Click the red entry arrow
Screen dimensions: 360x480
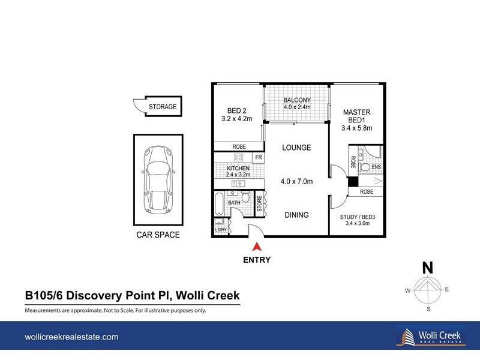(x=257, y=246)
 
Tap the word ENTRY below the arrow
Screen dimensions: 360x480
(x=257, y=260)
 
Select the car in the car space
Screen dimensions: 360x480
(x=157, y=178)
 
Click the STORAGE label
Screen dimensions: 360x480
(x=163, y=107)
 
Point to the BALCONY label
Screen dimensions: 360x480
(x=297, y=100)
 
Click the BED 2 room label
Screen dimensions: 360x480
(x=238, y=110)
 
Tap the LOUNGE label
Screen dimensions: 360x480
(x=297, y=148)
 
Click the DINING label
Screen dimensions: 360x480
(x=296, y=215)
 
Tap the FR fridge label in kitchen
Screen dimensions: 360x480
(x=258, y=158)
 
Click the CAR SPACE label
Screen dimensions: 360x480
(x=158, y=235)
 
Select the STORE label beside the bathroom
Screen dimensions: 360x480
(x=260, y=203)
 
